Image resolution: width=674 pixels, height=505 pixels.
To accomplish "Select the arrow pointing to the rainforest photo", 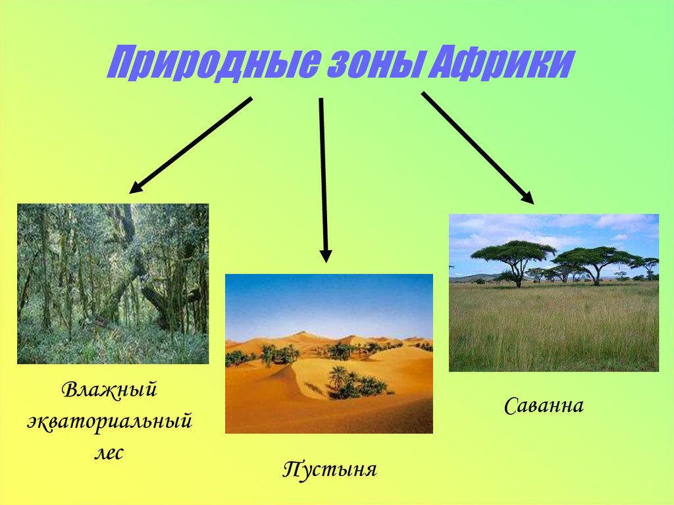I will click(191, 145).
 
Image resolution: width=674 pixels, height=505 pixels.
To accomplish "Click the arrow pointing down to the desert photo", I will click(323, 178).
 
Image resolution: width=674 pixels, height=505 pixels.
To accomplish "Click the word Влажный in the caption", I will click(110, 390).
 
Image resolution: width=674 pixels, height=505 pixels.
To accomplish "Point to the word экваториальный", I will click(110, 420).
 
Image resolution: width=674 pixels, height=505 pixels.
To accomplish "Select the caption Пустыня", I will click(329, 469).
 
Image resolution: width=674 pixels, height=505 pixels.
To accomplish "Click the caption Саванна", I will click(544, 405).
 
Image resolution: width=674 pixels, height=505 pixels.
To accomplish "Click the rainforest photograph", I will click(113, 283).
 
